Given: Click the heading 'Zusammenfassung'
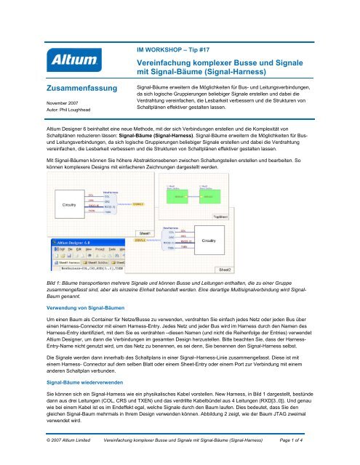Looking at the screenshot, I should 82,89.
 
